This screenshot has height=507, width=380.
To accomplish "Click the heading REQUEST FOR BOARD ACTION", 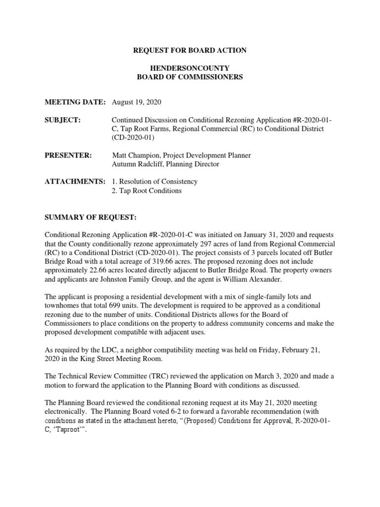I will click(190, 51).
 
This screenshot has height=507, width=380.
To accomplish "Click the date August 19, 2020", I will click(137, 102).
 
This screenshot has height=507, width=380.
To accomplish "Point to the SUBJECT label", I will click(62, 120).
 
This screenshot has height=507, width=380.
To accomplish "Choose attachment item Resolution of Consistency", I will click(158, 182).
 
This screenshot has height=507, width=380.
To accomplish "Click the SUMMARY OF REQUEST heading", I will click(90, 217).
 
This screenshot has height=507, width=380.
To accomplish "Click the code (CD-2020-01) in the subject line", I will click(133, 138).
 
